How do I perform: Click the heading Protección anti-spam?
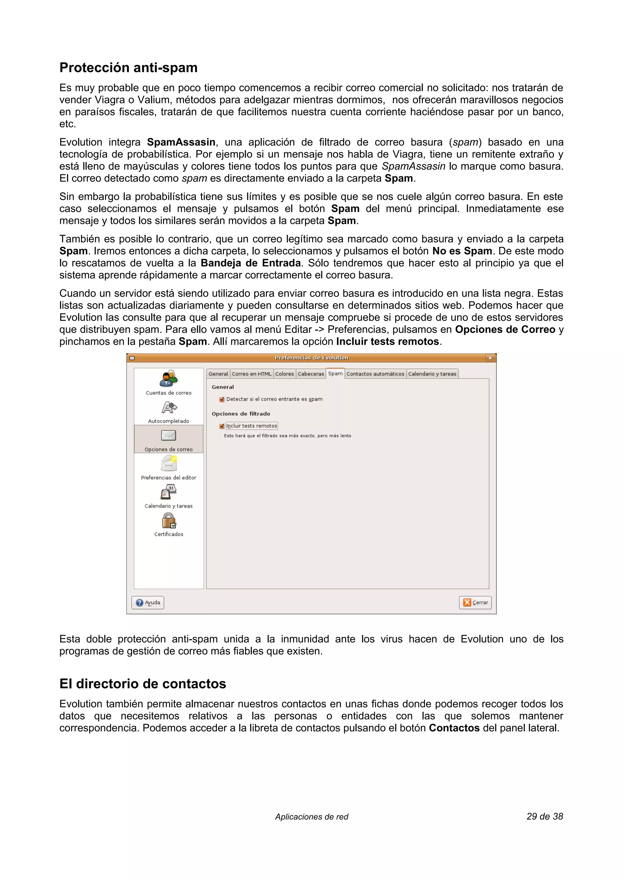pos(128,67)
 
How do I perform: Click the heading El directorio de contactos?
pos(142,683)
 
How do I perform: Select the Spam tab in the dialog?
pos(335,373)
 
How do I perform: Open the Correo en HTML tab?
pos(252,374)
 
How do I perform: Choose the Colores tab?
pos(284,374)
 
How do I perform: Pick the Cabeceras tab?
pos(311,374)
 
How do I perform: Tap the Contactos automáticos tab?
pos(375,374)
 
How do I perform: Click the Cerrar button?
pos(475,603)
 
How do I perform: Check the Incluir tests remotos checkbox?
pos(222,426)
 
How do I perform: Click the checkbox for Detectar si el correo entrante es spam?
pos(222,399)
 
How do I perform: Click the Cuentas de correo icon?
pos(169,379)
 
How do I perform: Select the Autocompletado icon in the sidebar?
pos(169,407)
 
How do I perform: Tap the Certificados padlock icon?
pos(169,521)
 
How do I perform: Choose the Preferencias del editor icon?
pos(169,464)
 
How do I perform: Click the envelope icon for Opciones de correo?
pos(169,436)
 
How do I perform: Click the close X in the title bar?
pos(490,358)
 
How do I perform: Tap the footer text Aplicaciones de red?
pos(311,817)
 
